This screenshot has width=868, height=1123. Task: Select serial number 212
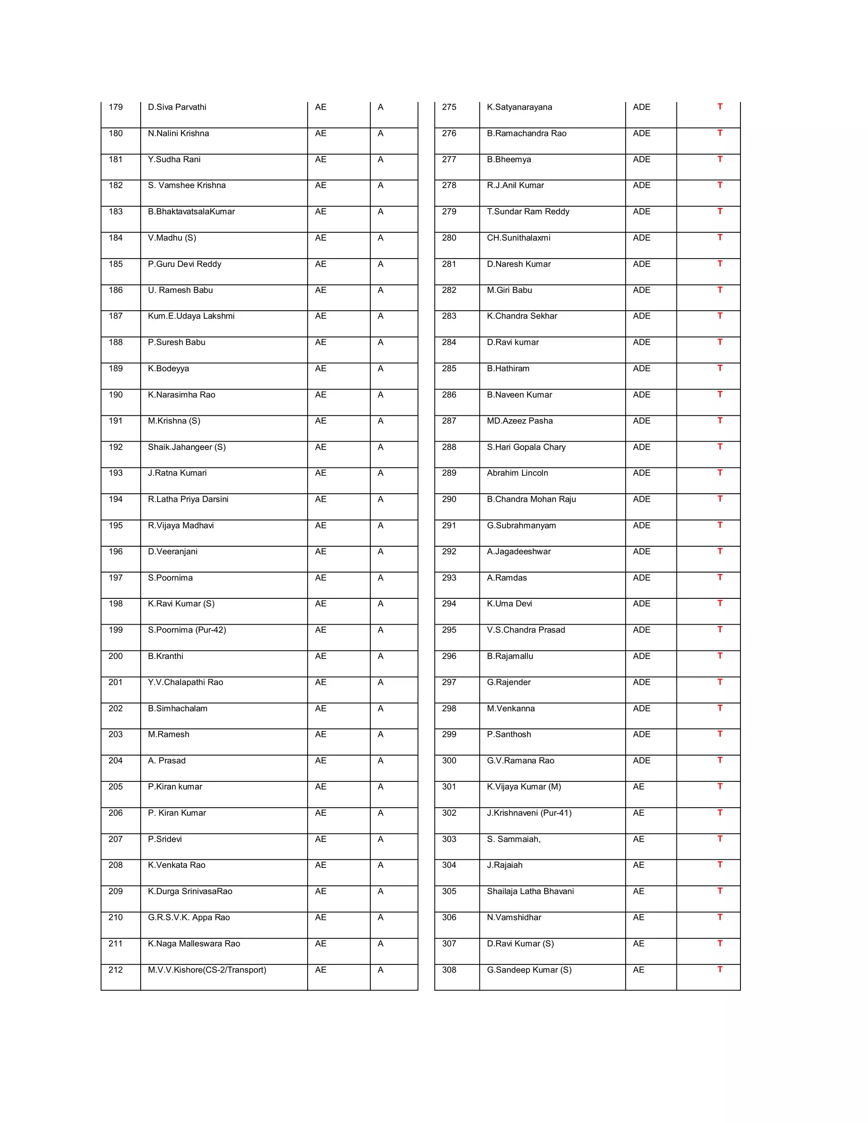115,970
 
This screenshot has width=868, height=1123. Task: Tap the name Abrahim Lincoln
517,473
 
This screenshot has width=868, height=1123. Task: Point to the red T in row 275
720,106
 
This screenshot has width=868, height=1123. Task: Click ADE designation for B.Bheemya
641,159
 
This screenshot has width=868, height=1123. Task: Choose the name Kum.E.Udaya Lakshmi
191,316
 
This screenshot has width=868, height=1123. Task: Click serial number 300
449,761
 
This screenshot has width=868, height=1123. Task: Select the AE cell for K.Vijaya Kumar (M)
638,787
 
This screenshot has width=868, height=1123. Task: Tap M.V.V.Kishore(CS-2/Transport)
207,970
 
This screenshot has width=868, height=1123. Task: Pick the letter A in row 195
381,525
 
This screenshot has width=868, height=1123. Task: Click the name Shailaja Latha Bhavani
530,891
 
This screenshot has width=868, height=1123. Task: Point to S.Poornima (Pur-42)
186,630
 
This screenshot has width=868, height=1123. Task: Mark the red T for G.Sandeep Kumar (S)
720,969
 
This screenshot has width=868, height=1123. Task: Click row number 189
115,368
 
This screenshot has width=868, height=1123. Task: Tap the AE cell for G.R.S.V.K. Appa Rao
320,917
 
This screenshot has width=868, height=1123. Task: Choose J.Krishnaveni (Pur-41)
529,813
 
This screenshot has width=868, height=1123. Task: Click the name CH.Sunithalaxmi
518,238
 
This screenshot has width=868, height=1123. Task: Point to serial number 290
449,499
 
